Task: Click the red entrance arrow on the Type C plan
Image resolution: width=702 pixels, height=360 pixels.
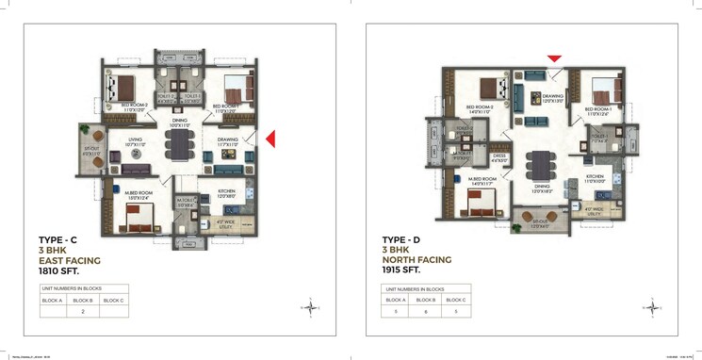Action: coord(270,139)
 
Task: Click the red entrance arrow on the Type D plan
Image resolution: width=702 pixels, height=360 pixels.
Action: coord(554,58)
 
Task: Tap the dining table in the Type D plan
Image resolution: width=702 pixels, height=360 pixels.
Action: coord(540,165)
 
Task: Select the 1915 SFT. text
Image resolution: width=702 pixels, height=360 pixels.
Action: coord(402,270)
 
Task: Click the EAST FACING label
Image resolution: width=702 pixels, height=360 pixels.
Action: coord(69,260)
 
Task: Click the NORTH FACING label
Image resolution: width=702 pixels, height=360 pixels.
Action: coord(416,260)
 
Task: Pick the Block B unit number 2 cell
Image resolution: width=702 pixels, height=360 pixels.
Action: coord(83,309)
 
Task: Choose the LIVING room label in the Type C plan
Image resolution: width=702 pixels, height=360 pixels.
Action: coord(135,139)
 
